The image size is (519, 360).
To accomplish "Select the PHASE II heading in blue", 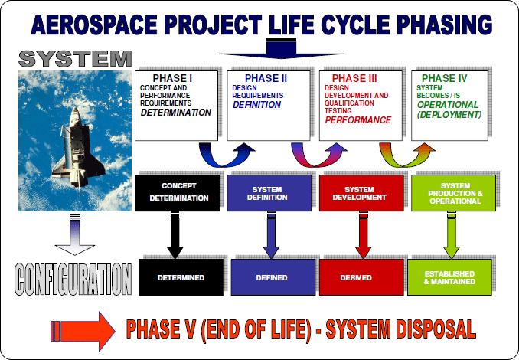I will tap(266, 78).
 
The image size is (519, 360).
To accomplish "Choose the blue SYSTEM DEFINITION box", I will tap(269, 191).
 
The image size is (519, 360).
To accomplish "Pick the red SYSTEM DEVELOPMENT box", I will tap(358, 191).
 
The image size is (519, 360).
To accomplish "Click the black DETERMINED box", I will tap(181, 277).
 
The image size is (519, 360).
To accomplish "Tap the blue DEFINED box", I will tap(272, 277).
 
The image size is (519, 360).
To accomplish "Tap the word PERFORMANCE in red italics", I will tap(357, 120).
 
